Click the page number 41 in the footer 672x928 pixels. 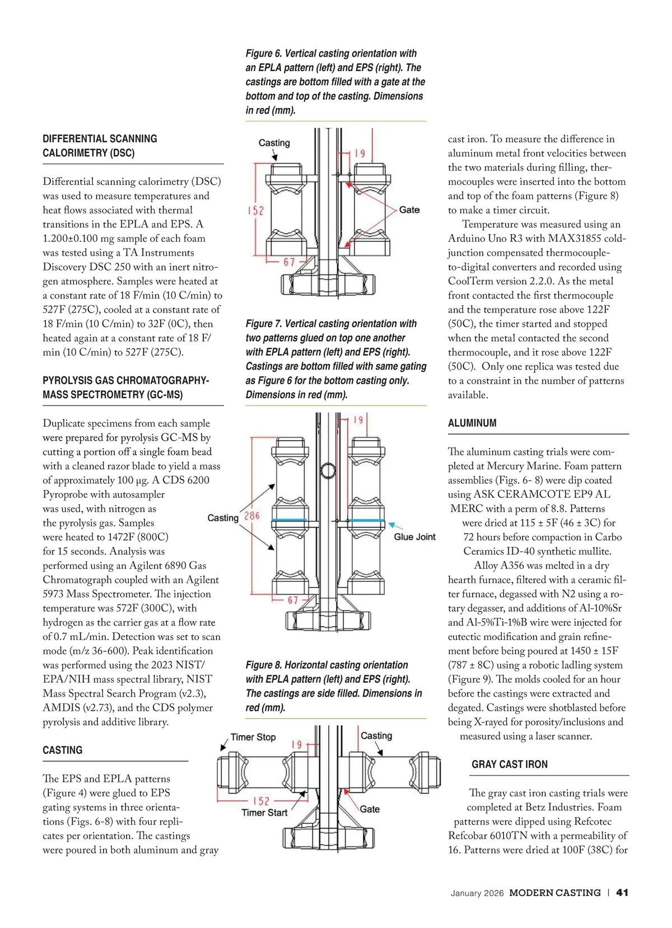click(622, 893)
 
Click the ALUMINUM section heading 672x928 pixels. click(472, 423)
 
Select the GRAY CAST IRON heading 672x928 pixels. click(510, 764)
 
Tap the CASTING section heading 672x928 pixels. click(62, 750)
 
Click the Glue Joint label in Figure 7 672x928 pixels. click(414, 537)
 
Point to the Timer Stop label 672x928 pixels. click(253, 737)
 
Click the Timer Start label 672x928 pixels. click(264, 813)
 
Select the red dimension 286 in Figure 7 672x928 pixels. click(252, 516)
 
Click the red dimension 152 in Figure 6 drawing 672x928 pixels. click(256, 211)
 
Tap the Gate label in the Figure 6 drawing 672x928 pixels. click(409, 210)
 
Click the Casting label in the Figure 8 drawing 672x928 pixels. click(376, 736)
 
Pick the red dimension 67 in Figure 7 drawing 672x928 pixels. click(293, 600)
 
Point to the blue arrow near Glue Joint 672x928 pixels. click(396, 526)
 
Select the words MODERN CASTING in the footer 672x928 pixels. click(555, 893)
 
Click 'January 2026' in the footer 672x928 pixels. click(477, 893)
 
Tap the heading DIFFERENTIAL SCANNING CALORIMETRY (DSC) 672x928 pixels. click(100, 146)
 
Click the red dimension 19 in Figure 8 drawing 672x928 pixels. click(296, 745)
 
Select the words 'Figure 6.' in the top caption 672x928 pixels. click(263, 54)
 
